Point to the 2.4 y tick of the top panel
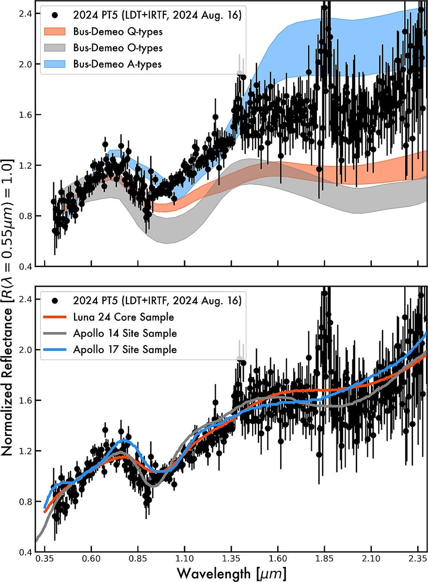[x=25, y=14]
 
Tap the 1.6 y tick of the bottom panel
[x=25, y=401]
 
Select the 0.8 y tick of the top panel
[x=25, y=216]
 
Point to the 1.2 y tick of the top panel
[x=25, y=165]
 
